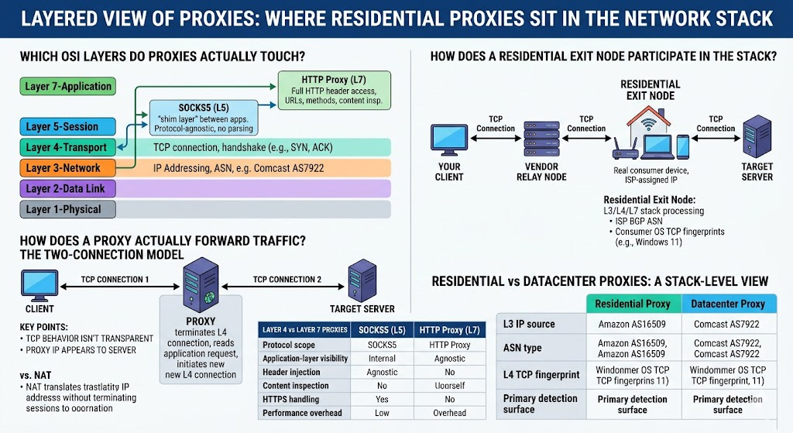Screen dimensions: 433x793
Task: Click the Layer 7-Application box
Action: coord(67,86)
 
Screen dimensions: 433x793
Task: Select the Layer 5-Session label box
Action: coord(67,126)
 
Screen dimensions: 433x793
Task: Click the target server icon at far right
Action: coord(757,136)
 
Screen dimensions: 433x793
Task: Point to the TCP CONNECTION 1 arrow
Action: coord(115,288)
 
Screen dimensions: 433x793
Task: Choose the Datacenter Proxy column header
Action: coord(728,304)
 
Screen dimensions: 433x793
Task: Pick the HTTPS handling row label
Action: coord(290,399)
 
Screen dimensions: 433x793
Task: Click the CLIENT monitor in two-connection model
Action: coord(39,284)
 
